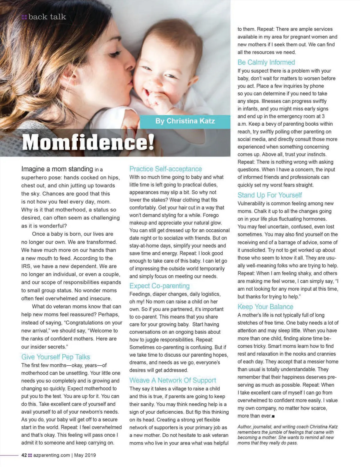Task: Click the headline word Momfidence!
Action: (x=88, y=142)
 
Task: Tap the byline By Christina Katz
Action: (x=185, y=121)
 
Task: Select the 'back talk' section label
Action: (x=47, y=17)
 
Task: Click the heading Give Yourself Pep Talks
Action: (x=55, y=357)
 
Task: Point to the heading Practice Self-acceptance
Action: (x=166, y=169)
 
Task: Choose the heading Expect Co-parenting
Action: (x=159, y=286)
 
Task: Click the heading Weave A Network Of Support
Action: (x=172, y=380)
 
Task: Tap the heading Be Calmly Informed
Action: (x=266, y=62)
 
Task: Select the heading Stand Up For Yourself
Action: (x=269, y=195)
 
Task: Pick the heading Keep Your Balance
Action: (x=265, y=306)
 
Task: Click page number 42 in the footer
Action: (x=24, y=455)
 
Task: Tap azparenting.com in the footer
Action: (x=52, y=455)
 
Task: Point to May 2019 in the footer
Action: (x=85, y=455)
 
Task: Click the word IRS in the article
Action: (x=26, y=266)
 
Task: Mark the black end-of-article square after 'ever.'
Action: (x=273, y=416)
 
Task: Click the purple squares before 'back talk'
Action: (x=24, y=17)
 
